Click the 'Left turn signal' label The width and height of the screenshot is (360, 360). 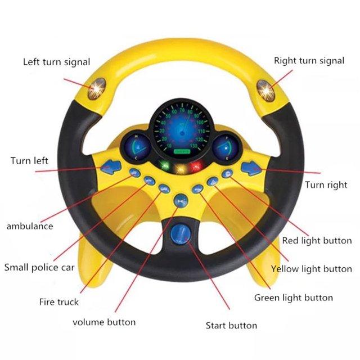click(x=56, y=62)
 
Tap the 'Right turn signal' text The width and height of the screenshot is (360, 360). click(x=309, y=61)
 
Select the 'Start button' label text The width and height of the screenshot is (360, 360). click(x=231, y=325)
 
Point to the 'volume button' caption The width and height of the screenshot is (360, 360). click(x=104, y=322)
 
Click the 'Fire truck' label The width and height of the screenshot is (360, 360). click(x=58, y=301)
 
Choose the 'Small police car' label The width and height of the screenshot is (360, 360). click(x=39, y=268)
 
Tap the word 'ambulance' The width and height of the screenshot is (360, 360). click(x=30, y=226)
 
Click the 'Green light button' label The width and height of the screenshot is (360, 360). click(x=294, y=298)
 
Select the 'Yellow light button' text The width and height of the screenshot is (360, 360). click(x=311, y=269)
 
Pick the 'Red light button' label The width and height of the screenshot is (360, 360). click(x=317, y=241)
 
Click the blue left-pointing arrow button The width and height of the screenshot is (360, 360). click(x=111, y=166)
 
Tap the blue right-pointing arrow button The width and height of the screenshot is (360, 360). click(x=251, y=168)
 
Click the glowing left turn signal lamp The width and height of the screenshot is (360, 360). click(x=97, y=89)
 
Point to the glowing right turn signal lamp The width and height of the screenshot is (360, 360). click(x=265, y=91)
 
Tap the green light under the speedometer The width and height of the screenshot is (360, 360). click(x=165, y=165)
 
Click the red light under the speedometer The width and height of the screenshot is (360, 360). click(x=196, y=166)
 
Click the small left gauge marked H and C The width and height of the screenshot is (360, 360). click(x=137, y=147)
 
